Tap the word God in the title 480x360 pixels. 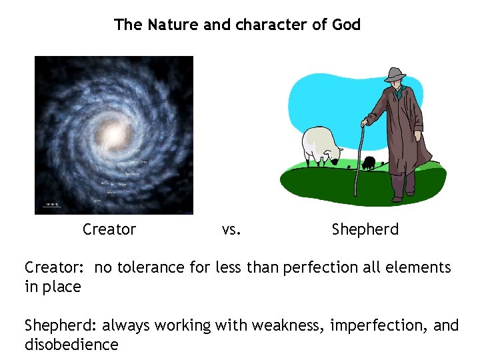tap(345, 25)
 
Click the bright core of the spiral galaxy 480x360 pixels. tap(114, 134)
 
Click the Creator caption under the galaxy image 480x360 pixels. tap(109, 230)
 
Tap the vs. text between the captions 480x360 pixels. tap(231, 230)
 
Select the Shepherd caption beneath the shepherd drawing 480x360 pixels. tap(365, 230)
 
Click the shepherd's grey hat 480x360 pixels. tap(395, 74)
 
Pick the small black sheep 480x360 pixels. tap(369, 162)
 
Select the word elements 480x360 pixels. tap(418, 268)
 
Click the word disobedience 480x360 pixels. tap(71, 345)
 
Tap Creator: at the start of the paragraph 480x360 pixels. tap(54, 268)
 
